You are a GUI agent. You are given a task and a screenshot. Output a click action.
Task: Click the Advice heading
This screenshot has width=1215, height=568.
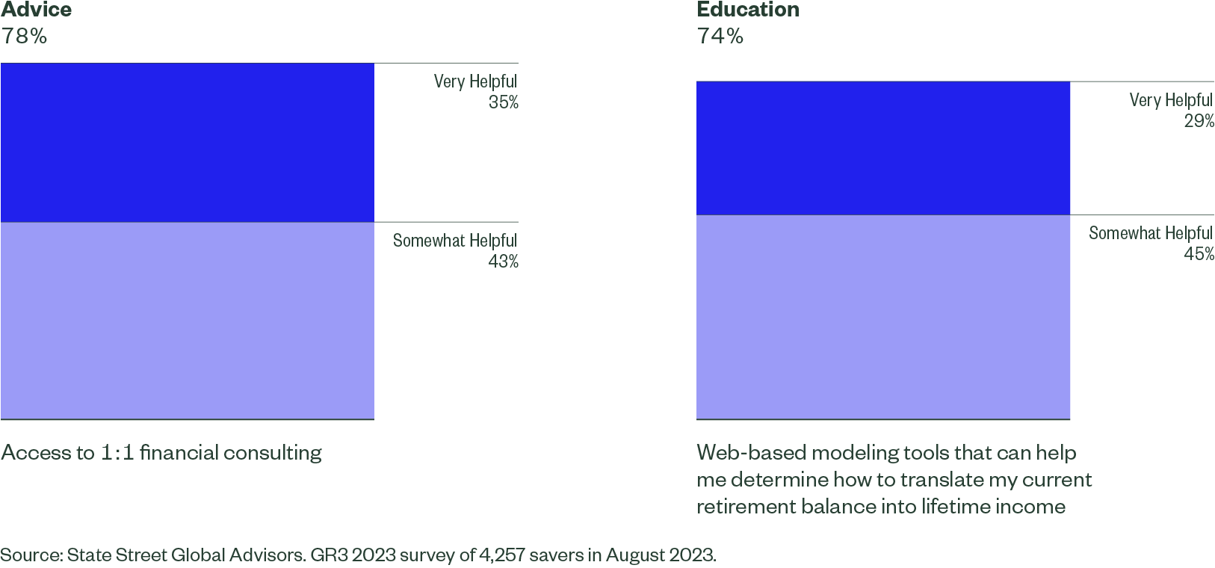pyautogui.click(x=37, y=10)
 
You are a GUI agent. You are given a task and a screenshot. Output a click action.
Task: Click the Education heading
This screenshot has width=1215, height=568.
pyautogui.click(x=748, y=10)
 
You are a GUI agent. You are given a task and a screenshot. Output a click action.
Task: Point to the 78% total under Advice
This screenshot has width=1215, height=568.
pyautogui.click(x=24, y=36)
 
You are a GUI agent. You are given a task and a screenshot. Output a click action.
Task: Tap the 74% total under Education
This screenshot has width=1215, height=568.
pyautogui.click(x=720, y=36)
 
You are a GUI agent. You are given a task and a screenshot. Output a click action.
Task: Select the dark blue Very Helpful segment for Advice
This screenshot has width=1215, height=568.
pyautogui.click(x=187, y=143)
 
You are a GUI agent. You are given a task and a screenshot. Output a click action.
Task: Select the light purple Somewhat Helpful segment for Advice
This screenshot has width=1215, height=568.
pyautogui.click(x=187, y=321)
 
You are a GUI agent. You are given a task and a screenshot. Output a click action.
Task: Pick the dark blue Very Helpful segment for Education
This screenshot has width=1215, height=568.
pyautogui.click(x=883, y=148)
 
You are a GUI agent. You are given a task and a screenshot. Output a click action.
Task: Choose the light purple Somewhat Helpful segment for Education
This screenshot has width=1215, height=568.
pyautogui.click(x=883, y=317)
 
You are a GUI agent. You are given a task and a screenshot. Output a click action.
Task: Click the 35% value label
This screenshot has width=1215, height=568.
pyautogui.click(x=503, y=102)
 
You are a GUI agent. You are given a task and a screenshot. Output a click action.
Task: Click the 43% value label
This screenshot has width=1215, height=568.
pyautogui.click(x=503, y=262)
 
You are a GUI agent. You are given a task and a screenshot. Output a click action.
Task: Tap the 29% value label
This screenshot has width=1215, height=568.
pyautogui.click(x=1199, y=121)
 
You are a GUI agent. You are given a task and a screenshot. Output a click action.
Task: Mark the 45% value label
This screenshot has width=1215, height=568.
pyautogui.click(x=1199, y=254)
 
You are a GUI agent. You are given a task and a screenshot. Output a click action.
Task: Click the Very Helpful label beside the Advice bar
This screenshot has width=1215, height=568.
pyautogui.click(x=475, y=81)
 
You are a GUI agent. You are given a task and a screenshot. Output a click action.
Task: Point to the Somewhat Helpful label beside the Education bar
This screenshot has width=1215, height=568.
pyautogui.click(x=1151, y=233)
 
